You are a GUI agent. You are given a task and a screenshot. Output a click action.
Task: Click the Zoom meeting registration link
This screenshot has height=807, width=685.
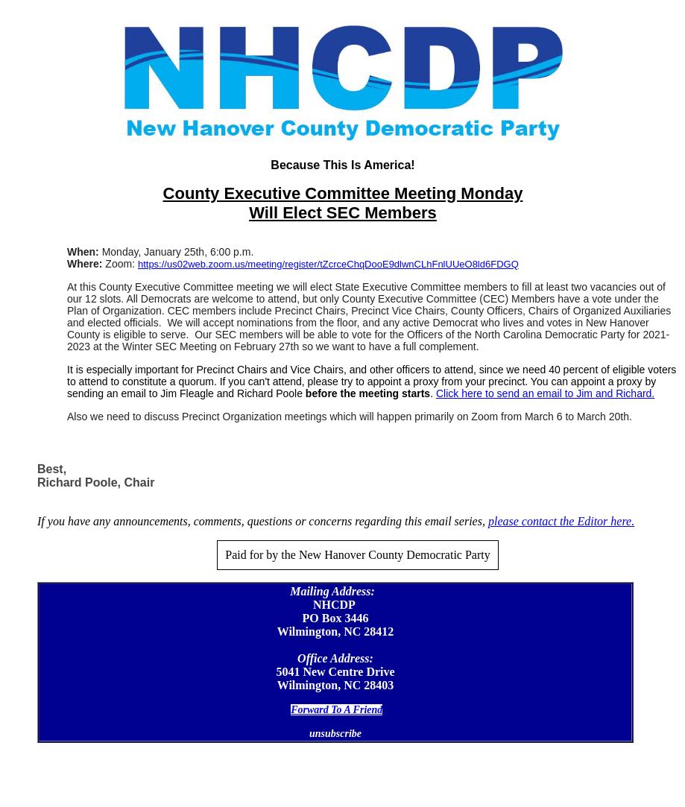tap(328, 265)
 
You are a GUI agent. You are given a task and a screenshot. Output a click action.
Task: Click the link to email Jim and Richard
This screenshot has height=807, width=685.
tap(545, 393)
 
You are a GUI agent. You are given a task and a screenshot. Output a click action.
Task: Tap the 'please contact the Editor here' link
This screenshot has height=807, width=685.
tap(561, 522)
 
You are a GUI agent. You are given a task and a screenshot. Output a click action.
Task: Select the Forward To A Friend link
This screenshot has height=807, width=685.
tap(336, 710)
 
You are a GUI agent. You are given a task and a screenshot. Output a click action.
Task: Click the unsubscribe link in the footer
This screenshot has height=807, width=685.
tap(335, 734)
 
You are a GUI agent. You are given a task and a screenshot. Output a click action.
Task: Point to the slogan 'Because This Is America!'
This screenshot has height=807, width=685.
tap(342, 165)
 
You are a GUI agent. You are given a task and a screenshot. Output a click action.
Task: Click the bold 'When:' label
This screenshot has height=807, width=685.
tap(83, 253)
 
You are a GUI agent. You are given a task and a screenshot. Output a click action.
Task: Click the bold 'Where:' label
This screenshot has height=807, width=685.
tap(84, 265)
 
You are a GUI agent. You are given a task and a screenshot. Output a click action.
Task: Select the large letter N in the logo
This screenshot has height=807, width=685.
tap(160, 69)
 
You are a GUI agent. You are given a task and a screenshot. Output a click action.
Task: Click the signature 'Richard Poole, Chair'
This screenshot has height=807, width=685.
tap(95, 483)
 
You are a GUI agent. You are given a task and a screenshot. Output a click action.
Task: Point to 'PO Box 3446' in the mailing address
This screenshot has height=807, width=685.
tap(335, 618)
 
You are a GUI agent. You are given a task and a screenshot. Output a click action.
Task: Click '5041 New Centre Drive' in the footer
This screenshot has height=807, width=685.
tap(335, 672)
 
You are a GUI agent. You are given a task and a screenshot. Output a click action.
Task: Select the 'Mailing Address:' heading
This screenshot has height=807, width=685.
tap(332, 592)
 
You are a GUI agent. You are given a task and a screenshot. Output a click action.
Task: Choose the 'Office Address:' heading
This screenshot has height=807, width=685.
tap(335, 659)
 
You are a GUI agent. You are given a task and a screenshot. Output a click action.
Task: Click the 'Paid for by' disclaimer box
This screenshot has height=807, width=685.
tap(357, 555)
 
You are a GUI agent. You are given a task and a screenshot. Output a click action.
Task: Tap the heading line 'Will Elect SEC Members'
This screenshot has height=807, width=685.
tap(342, 213)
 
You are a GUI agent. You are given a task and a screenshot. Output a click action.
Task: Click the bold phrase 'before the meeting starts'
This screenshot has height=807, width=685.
tap(367, 393)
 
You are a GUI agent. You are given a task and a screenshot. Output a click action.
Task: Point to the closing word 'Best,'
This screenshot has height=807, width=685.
tap(51, 469)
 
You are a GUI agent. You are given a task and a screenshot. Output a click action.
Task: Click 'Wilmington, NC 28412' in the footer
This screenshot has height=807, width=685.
tap(335, 632)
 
